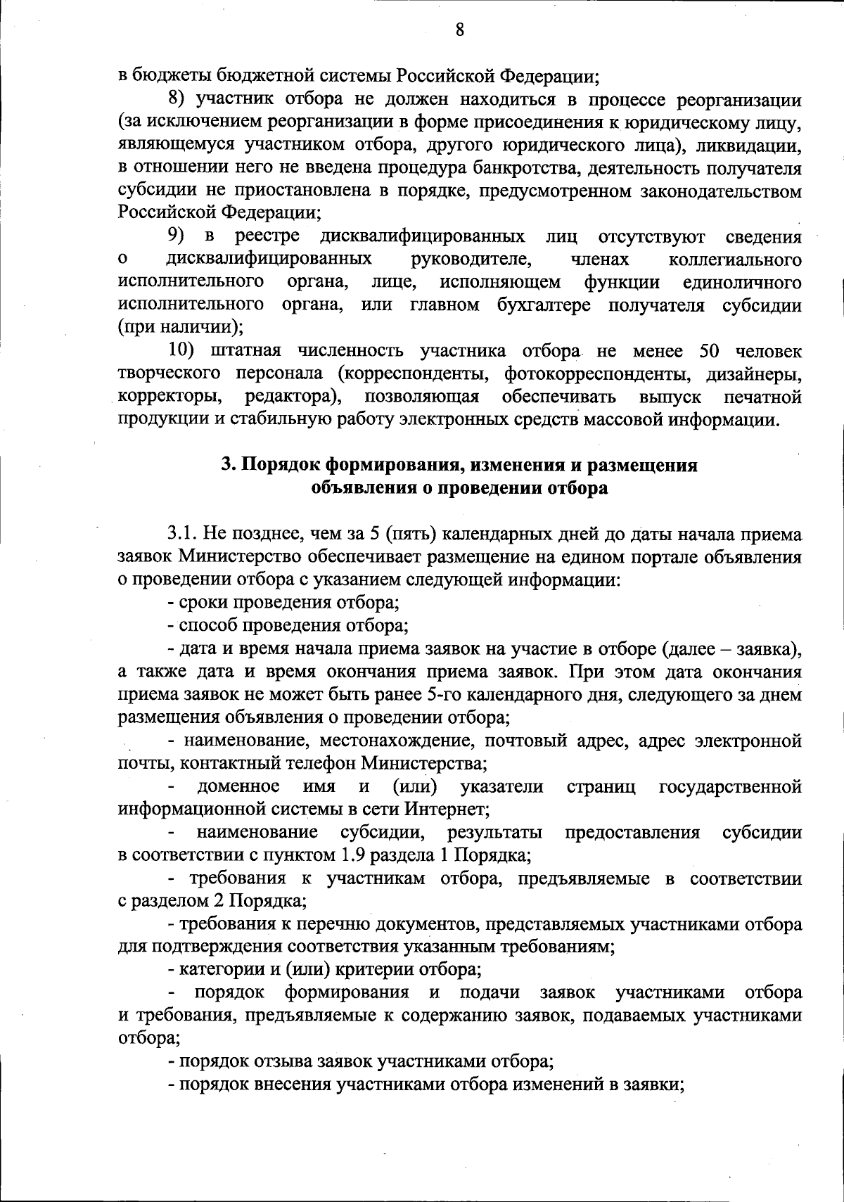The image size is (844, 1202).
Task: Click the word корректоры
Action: click(x=170, y=397)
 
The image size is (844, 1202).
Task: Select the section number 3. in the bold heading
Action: click(x=227, y=466)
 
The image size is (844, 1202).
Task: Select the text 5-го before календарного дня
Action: click(x=445, y=694)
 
